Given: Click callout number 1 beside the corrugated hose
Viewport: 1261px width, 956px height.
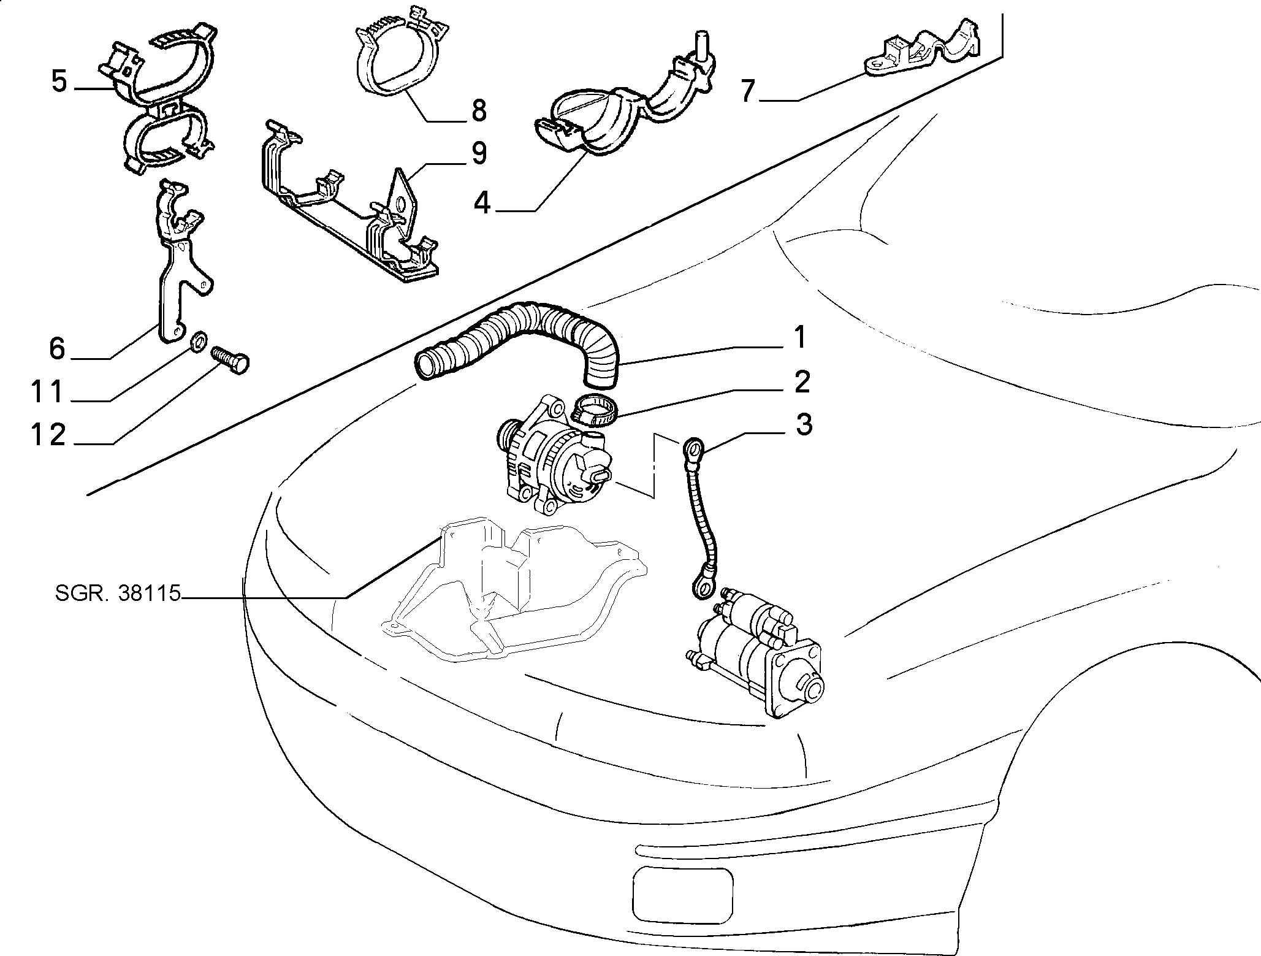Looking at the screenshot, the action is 799,338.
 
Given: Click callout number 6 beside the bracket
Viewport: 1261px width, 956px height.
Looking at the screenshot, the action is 57,348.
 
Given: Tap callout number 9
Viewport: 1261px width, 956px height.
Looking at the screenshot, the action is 477,153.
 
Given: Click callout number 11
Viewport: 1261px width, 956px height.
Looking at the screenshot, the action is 48,391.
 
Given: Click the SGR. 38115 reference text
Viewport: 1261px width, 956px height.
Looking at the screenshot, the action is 118,594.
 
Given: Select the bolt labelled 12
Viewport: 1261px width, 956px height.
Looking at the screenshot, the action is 230,360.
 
